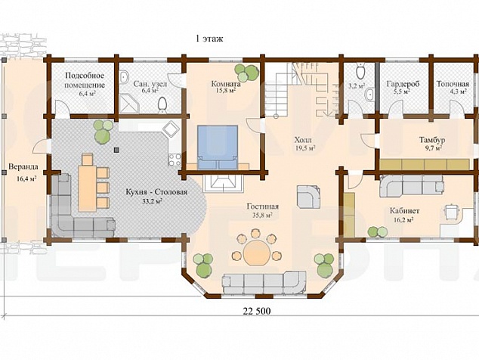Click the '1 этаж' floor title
(x=209, y=39)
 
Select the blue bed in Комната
(x=218, y=147)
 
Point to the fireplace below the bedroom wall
(x=223, y=184)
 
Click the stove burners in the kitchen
(x=175, y=160)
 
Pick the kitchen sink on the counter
(x=171, y=129)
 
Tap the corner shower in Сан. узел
(x=129, y=103)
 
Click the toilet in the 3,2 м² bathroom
(x=361, y=72)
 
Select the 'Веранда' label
(x=23, y=167)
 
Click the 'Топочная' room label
(x=453, y=84)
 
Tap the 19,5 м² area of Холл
(x=303, y=148)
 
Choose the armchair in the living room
(x=309, y=197)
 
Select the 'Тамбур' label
(x=431, y=140)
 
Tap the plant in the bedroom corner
(x=246, y=73)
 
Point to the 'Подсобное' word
(x=85, y=76)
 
